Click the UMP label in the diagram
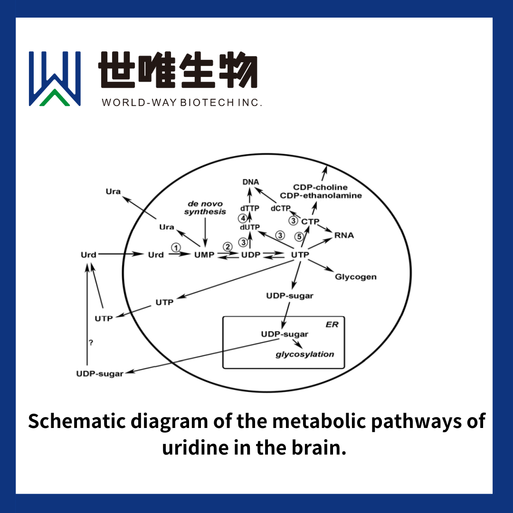[x=204, y=255]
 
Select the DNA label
[x=250, y=182]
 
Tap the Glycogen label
[x=356, y=277]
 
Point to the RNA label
[x=344, y=235]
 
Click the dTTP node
[x=250, y=208]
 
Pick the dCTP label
[x=280, y=208]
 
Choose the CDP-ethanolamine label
[x=321, y=196]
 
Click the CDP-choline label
[x=320, y=187]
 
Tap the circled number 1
[x=176, y=247]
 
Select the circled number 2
[x=228, y=247]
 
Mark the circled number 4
[x=243, y=218]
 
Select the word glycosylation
[x=305, y=354]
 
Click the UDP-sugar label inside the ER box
[x=285, y=334]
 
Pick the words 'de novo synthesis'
[x=205, y=208]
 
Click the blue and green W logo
[x=55, y=78]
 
